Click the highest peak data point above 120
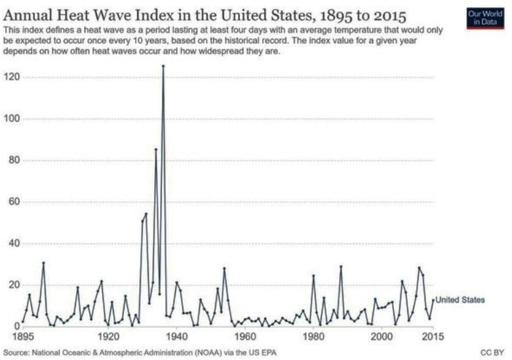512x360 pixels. point(163,66)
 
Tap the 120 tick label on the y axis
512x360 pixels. point(12,77)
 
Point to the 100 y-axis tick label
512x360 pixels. point(12,119)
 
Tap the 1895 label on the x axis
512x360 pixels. point(23,336)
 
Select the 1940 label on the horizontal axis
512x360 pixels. point(176,336)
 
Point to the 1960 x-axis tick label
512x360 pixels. point(245,336)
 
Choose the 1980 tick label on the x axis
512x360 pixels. point(313,336)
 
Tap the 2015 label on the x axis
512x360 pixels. point(433,336)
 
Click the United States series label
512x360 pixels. point(460,300)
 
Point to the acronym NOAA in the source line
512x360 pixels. point(207,353)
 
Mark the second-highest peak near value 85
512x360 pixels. point(156,150)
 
